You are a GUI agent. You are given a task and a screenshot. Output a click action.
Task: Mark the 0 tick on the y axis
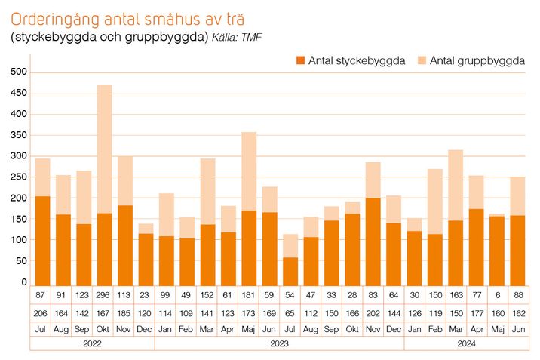coord(23,282)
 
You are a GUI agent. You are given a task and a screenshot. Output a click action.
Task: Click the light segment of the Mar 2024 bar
coord(455,185)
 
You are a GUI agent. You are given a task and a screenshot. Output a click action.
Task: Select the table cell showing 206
coord(42,312)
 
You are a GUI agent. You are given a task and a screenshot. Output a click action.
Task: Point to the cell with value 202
coord(373,312)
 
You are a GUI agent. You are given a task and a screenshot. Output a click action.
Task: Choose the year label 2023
coord(280,343)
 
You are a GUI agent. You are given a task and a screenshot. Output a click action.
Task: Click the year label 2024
coord(465,343)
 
